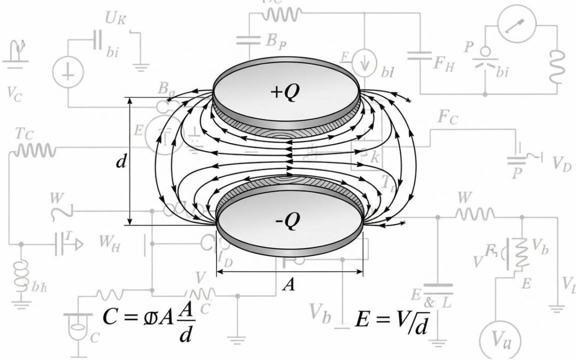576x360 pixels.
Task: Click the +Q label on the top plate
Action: [x=286, y=92]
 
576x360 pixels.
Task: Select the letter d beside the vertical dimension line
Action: [x=121, y=162]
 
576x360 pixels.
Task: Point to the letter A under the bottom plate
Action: [x=289, y=285]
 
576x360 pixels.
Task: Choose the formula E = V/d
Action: [x=392, y=320]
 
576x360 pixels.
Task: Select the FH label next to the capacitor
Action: [x=444, y=64]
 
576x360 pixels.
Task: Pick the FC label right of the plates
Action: [x=447, y=117]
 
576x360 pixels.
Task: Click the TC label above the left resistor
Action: [x=25, y=134]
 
